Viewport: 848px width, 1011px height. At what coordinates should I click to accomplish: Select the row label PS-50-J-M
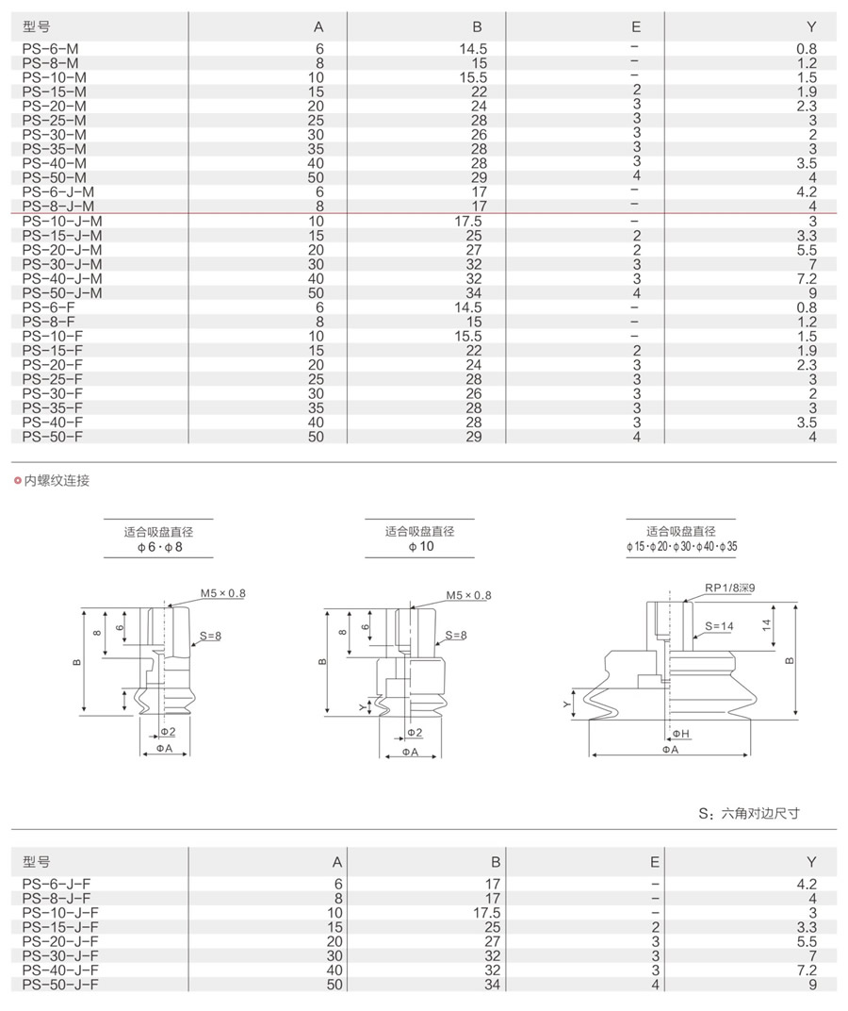click(61, 292)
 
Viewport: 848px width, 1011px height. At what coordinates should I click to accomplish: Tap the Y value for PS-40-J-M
click(806, 278)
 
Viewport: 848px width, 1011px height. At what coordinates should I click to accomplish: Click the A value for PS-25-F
click(316, 379)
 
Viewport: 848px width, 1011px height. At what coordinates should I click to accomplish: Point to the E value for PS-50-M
click(637, 176)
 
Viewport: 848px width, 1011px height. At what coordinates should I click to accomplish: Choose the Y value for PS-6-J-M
click(806, 191)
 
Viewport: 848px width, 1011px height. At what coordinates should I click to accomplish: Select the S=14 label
click(718, 625)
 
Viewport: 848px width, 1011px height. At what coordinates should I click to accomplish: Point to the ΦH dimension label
click(680, 733)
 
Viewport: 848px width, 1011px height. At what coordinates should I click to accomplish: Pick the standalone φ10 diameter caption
click(419, 547)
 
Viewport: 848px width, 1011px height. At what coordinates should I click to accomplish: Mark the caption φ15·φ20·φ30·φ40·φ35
click(681, 547)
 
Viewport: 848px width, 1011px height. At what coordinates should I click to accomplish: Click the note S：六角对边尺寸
click(749, 813)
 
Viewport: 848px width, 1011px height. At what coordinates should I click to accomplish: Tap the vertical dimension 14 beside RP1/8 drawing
click(767, 623)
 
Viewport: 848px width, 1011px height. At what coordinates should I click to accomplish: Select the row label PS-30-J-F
click(60, 955)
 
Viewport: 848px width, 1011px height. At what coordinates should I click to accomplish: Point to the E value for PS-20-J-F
click(655, 941)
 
